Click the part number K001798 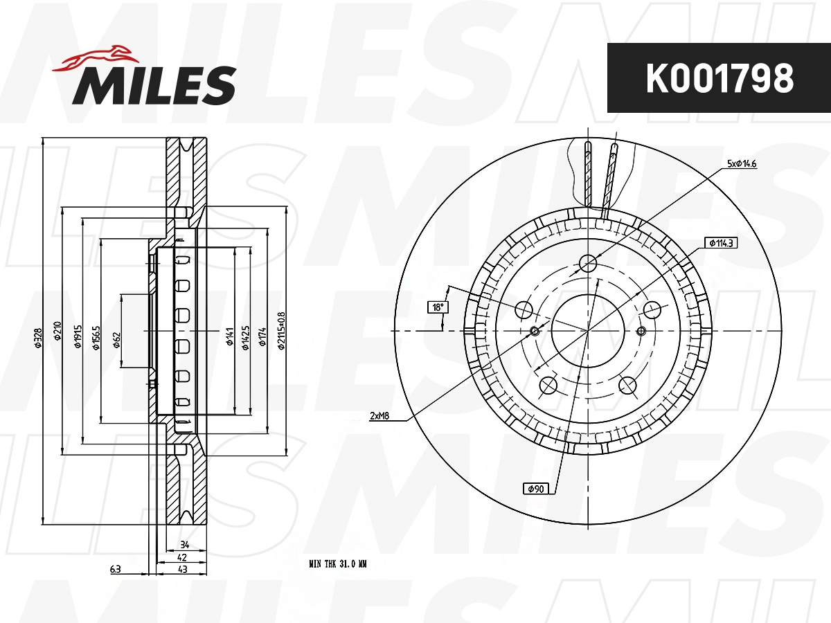tap(719, 78)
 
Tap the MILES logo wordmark tap(154, 86)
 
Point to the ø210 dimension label tap(57, 332)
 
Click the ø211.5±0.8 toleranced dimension tap(281, 332)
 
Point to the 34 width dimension tap(184, 545)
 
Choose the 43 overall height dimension tap(184, 569)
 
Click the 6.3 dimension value tap(115, 569)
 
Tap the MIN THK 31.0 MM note tap(337, 564)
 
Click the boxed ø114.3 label tap(720, 243)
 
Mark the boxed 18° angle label tap(437, 307)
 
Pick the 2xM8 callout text tap(379, 416)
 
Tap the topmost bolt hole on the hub tap(588, 263)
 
